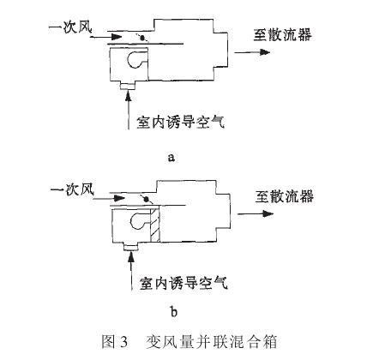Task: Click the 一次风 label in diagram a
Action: click(70, 27)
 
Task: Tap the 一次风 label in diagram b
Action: click(72, 189)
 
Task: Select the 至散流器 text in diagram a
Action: click(282, 34)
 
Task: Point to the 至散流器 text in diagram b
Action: click(285, 196)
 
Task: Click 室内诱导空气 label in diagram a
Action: click(181, 122)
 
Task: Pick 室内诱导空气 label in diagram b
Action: click(183, 283)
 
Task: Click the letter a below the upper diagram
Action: click(171, 157)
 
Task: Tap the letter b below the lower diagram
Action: click(174, 311)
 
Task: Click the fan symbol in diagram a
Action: click(136, 59)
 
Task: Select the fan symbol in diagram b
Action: click(140, 220)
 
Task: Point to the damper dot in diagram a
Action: click(142, 38)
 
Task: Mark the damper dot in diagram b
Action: click(146, 199)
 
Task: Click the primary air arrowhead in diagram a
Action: click(117, 37)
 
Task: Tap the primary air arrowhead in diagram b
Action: click(119, 198)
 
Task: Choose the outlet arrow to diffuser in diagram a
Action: click(252, 52)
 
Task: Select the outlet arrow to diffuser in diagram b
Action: click(256, 213)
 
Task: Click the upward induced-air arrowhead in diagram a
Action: click(129, 96)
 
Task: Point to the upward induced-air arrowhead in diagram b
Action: click(131, 257)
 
